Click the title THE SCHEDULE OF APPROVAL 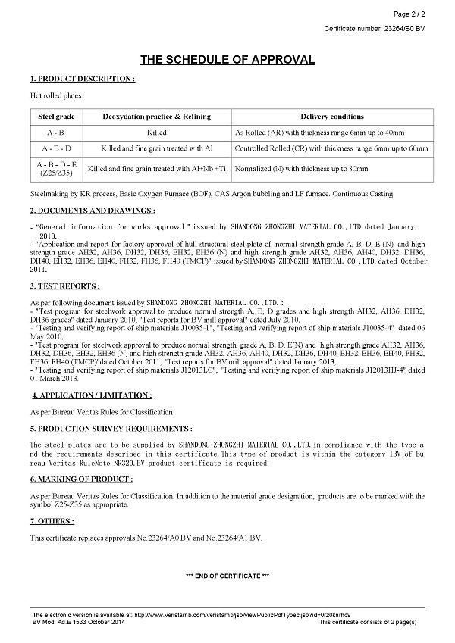(x=227, y=60)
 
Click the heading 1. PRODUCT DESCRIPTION (x=82, y=79)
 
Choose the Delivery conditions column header (x=332, y=117)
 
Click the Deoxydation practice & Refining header (x=156, y=117)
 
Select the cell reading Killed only (x=156, y=133)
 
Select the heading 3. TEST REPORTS (x=64, y=286)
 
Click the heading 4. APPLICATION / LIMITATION (x=91, y=395)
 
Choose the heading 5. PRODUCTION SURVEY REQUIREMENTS (x=111, y=429)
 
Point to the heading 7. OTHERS (x=52, y=521)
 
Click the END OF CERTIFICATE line (x=227, y=576)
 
